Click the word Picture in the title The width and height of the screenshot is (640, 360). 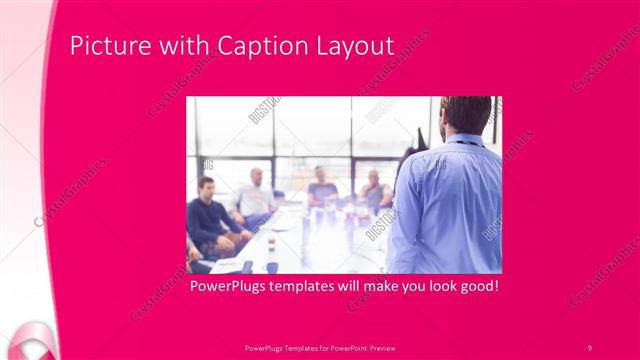point(105,46)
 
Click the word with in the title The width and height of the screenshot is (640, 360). point(172,46)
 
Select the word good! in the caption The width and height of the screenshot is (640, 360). point(476,286)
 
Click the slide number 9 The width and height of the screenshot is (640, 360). point(589,347)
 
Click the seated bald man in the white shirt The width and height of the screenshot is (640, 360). point(255,196)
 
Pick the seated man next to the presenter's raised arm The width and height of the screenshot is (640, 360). point(376,189)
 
